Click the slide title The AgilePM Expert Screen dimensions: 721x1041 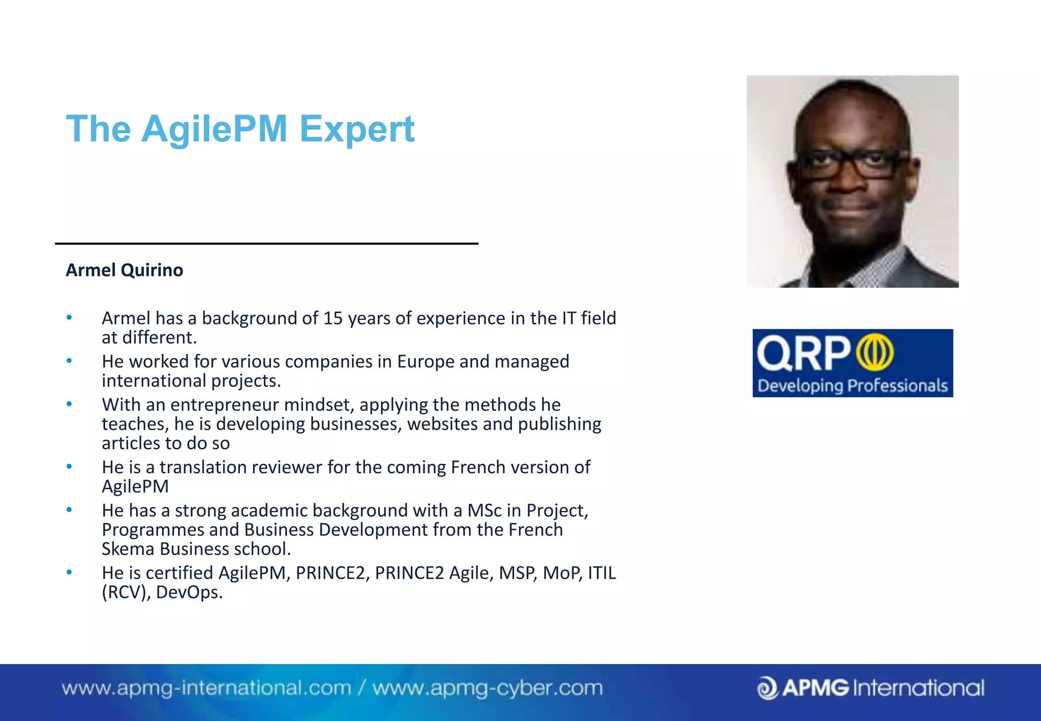pos(240,129)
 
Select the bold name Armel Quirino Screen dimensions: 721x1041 pos(124,270)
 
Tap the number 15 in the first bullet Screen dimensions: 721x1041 pos(333,318)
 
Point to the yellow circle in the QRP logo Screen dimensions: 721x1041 pos(874,352)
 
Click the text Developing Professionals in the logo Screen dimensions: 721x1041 pos(852,386)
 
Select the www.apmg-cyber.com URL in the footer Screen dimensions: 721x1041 pos(487,688)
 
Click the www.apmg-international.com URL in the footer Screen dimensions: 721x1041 pos(206,688)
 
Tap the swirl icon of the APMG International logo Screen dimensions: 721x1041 pos(767,688)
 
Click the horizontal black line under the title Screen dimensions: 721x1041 pos(266,244)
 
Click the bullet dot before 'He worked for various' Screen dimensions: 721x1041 pos(69,361)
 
